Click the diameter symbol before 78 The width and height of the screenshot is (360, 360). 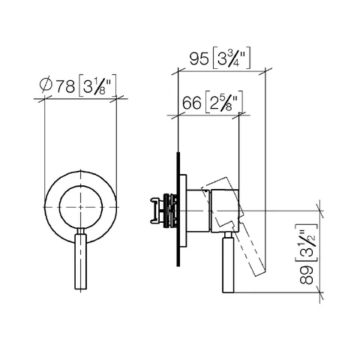point(46,86)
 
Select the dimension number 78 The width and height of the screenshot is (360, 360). point(65,86)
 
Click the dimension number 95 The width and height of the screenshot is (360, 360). point(199,59)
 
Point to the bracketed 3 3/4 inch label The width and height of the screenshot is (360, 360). point(231,58)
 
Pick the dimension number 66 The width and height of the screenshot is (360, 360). point(192,103)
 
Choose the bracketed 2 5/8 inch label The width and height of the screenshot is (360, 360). point(223,102)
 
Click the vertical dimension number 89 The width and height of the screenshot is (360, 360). point(306,274)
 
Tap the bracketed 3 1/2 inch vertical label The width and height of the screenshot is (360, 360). point(306,242)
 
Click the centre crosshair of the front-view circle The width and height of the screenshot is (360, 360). point(80,207)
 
